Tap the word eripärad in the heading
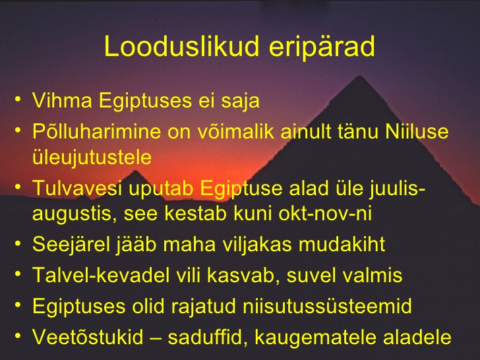tap(322, 47)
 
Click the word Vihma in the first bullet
tap(62, 100)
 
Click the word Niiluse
tap(417, 131)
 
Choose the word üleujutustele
tap(92, 158)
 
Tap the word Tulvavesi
tap(77, 188)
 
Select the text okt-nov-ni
tap(325, 214)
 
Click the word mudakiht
tap(342, 244)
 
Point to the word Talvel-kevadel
tap(101, 275)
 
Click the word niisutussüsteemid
tap(328, 306)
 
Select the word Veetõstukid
tap(88, 337)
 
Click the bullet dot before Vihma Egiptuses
tap(18, 99)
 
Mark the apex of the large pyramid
tap(359, 76)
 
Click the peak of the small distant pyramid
tap(134, 171)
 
